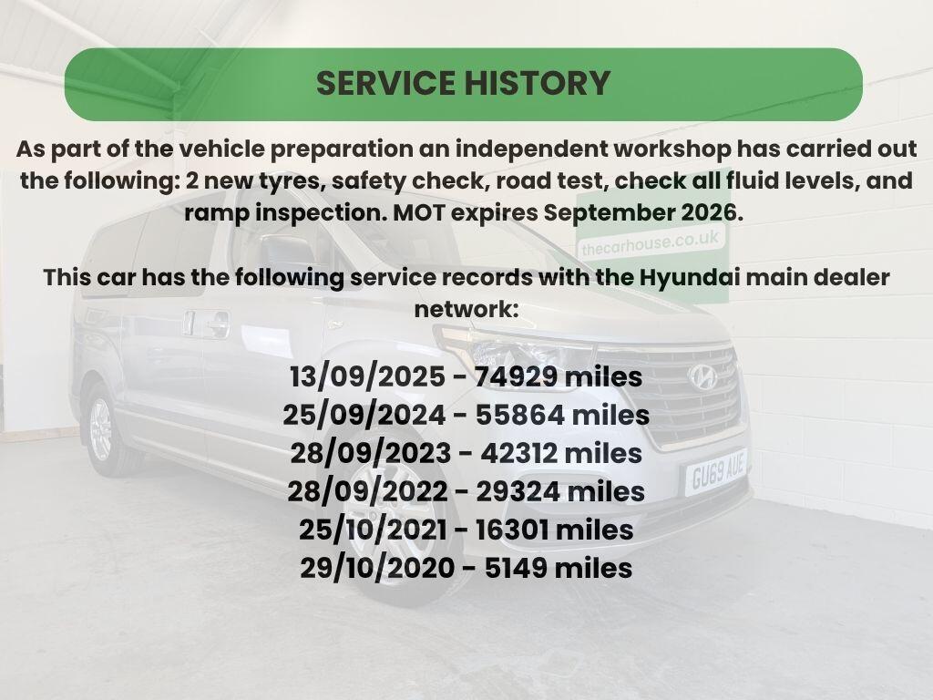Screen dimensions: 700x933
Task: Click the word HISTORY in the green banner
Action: click(x=538, y=83)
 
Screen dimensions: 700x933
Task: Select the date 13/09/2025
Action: click(x=366, y=377)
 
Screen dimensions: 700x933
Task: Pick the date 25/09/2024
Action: click(x=363, y=416)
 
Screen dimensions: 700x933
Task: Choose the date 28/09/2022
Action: click(x=366, y=491)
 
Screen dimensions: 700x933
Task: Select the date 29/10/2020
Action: click(x=377, y=568)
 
